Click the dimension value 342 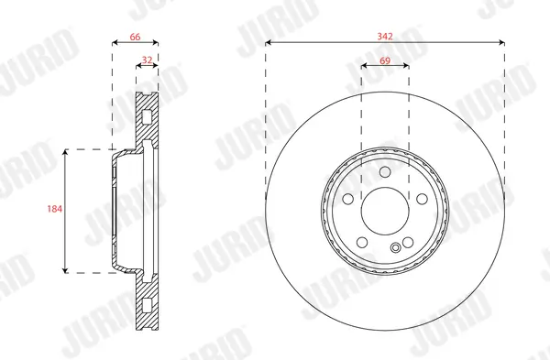pyautogui.click(x=385, y=36)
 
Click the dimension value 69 pyautogui.click(x=385, y=59)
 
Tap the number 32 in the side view pyautogui.click(x=147, y=60)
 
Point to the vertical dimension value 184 pyautogui.click(x=53, y=210)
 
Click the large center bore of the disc pyautogui.click(x=385, y=210)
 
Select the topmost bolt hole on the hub pyautogui.click(x=385, y=174)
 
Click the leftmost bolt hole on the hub pyautogui.click(x=349, y=200)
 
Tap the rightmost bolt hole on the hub pyautogui.click(x=420, y=200)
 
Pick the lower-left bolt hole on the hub pyautogui.click(x=363, y=241)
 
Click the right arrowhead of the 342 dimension pyautogui.click(x=502, y=42)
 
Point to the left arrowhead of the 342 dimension pyautogui.click(x=268, y=42)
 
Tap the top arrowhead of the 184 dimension pyautogui.click(x=66, y=152)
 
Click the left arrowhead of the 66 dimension pyautogui.click(x=114, y=42)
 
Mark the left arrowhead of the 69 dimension pyautogui.click(x=363, y=66)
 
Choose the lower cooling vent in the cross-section pyautogui.click(x=147, y=303)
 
